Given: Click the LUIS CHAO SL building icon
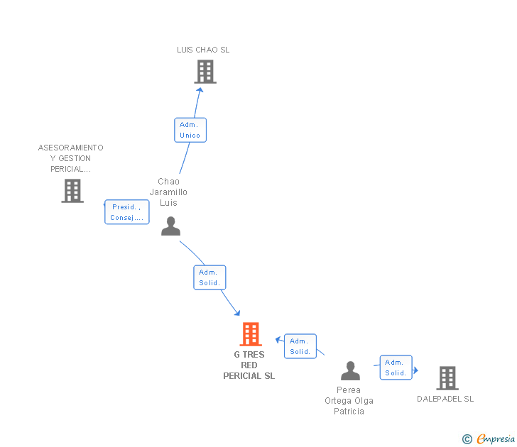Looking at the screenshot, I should point(205,72).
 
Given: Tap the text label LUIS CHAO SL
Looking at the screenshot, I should point(203,50).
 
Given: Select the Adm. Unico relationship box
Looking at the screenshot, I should point(190,130).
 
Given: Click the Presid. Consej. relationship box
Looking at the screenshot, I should point(127,212).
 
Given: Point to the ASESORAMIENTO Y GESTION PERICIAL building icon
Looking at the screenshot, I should point(72,191).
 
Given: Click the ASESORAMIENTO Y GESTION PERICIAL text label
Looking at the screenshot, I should point(71,158).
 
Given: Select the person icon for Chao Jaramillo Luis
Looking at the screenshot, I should point(170,226).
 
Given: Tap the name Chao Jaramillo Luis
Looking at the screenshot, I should point(168,192).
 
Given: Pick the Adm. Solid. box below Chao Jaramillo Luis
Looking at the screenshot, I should point(209,277).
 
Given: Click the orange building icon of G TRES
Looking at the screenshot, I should point(250,334).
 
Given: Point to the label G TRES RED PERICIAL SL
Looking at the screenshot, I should point(249,365).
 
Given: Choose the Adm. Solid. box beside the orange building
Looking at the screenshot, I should point(300,346).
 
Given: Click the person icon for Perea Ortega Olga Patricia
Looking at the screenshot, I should point(350,371).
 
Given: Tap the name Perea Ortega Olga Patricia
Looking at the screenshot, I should point(349,401).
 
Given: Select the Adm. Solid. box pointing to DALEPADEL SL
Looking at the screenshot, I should point(396,368).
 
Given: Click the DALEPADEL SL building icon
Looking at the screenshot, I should point(447,378).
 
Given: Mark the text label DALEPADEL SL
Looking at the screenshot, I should point(445,399).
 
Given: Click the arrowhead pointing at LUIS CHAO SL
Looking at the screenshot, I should point(200,89).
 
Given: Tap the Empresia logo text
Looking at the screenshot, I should point(496,439).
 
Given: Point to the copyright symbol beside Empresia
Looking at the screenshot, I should point(467,439).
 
